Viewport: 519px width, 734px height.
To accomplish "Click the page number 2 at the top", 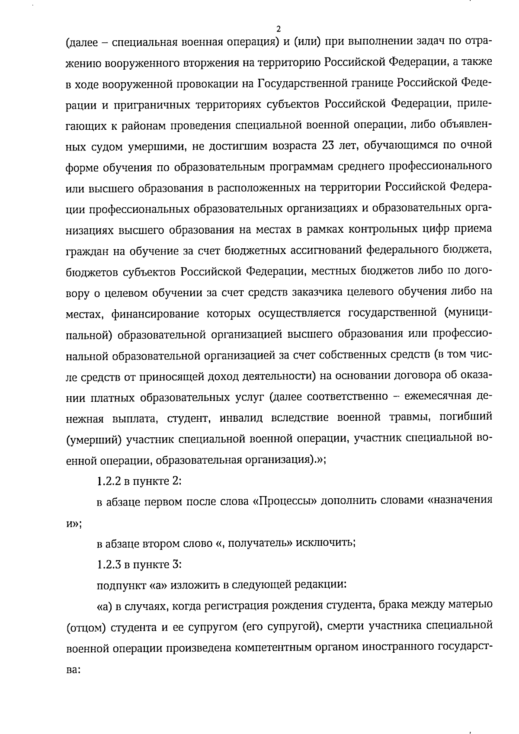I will (278, 29).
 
